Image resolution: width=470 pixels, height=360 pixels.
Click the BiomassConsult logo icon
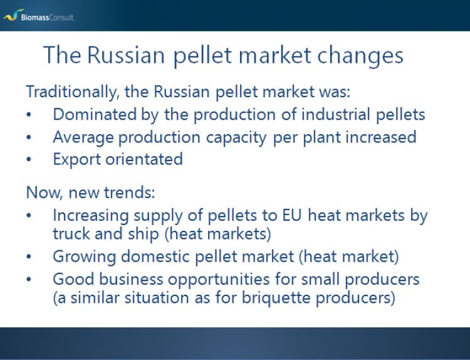tap(14, 15)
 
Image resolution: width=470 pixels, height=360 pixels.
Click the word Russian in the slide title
tap(126, 55)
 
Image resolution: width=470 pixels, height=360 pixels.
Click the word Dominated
tap(95, 114)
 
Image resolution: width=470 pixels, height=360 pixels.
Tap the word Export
tap(76, 159)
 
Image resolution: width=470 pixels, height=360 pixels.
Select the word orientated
tap(144, 159)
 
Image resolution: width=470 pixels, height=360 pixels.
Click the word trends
tap(130, 193)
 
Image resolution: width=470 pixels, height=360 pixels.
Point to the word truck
tap(71, 234)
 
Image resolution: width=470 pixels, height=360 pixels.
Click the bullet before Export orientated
tap(29, 159)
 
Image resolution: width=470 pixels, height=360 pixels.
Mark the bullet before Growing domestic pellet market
tap(29, 257)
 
